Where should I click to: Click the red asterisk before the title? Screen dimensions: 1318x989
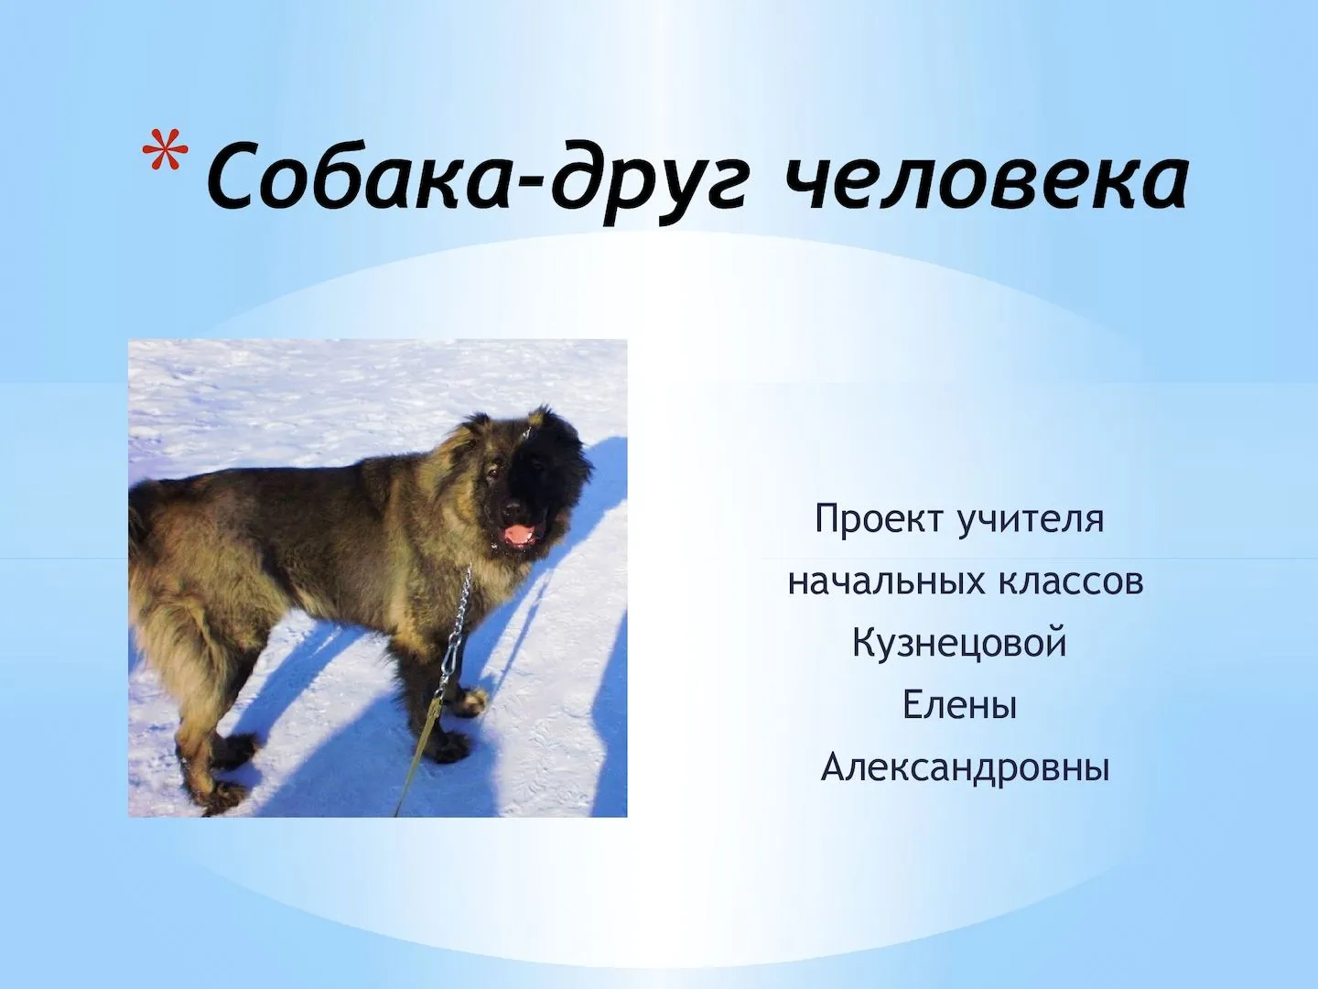pos(164,147)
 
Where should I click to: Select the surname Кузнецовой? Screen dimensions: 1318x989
pos(959,643)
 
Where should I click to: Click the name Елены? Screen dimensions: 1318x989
pos(959,705)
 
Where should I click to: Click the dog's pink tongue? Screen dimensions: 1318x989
pos(520,534)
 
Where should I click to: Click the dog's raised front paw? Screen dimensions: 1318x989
pos(474,701)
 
